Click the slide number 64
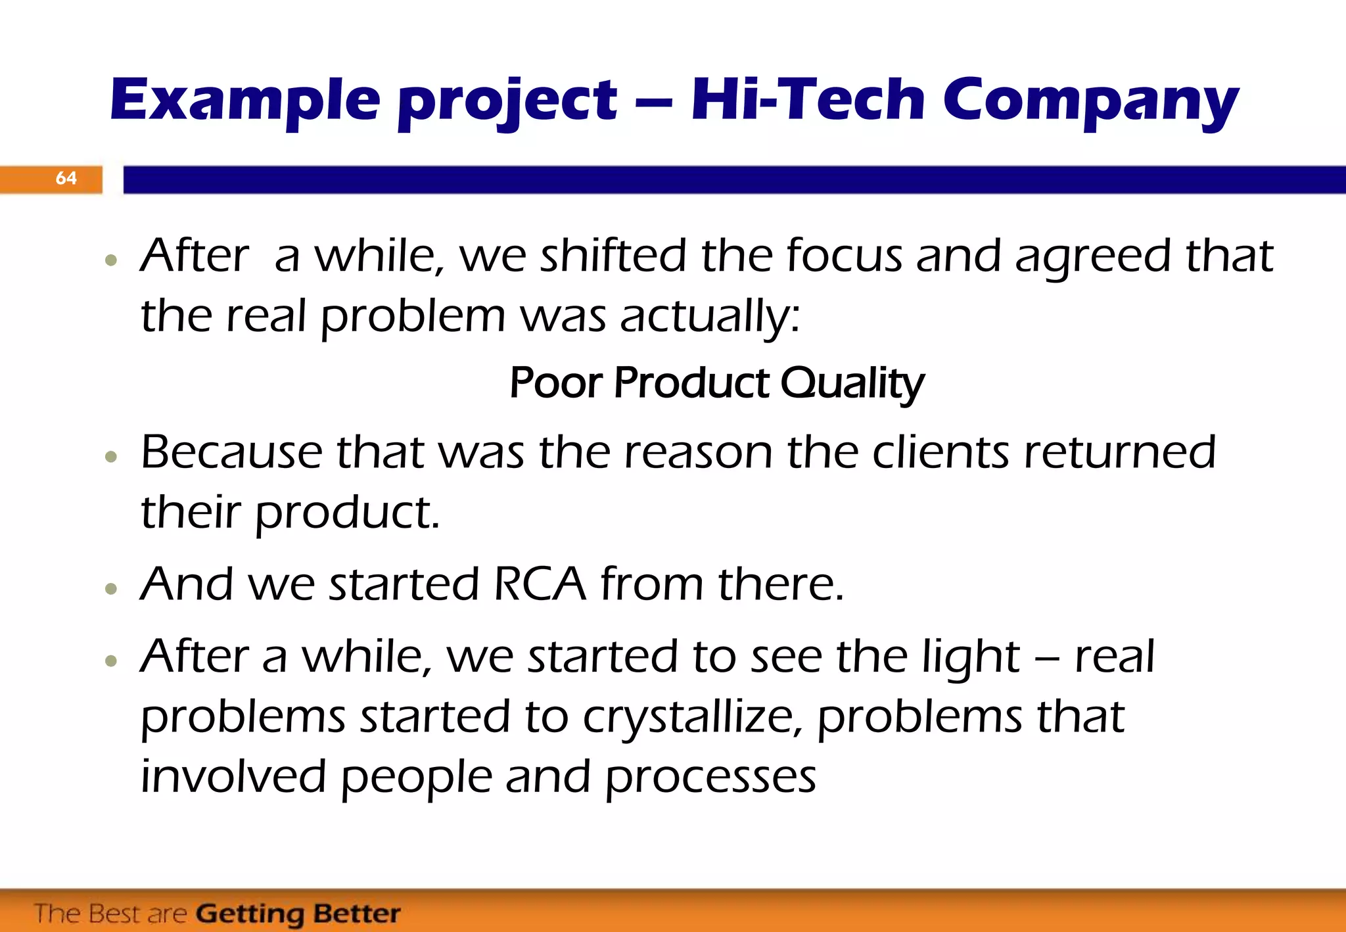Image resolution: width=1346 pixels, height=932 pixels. coord(66,178)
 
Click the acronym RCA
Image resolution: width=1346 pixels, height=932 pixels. coord(539,584)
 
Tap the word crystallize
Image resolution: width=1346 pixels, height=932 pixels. coord(692,718)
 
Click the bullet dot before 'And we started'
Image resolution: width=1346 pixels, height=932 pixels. coord(111,588)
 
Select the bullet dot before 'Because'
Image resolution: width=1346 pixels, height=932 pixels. coord(111,456)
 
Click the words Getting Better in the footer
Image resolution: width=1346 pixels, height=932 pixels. coord(298,914)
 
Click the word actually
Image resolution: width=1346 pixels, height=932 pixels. coord(710,317)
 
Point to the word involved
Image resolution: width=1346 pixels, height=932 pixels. coord(233,777)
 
